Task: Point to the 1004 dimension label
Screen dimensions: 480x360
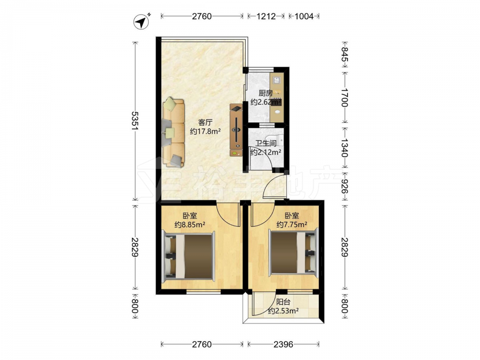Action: (x=304, y=16)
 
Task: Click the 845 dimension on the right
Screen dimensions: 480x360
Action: (x=345, y=58)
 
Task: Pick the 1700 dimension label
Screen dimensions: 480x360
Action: (x=345, y=97)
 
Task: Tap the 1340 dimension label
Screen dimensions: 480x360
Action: (x=345, y=148)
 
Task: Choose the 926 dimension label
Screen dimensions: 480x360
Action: (x=345, y=186)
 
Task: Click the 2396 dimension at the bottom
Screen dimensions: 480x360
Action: (x=283, y=344)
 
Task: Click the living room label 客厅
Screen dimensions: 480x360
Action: (x=205, y=123)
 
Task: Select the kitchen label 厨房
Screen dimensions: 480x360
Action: (x=265, y=93)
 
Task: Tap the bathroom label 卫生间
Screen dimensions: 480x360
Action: (x=266, y=143)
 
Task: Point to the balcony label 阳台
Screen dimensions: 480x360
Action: (x=283, y=302)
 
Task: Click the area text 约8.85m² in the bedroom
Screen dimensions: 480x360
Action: (x=190, y=225)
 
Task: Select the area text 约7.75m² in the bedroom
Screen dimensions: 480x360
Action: (x=292, y=225)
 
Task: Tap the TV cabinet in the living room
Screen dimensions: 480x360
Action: (x=236, y=131)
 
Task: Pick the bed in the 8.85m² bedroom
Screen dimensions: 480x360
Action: (x=188, y=256)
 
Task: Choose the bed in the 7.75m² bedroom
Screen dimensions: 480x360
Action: (x=293, y=252)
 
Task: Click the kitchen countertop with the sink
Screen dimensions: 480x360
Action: (x=277, y=97)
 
